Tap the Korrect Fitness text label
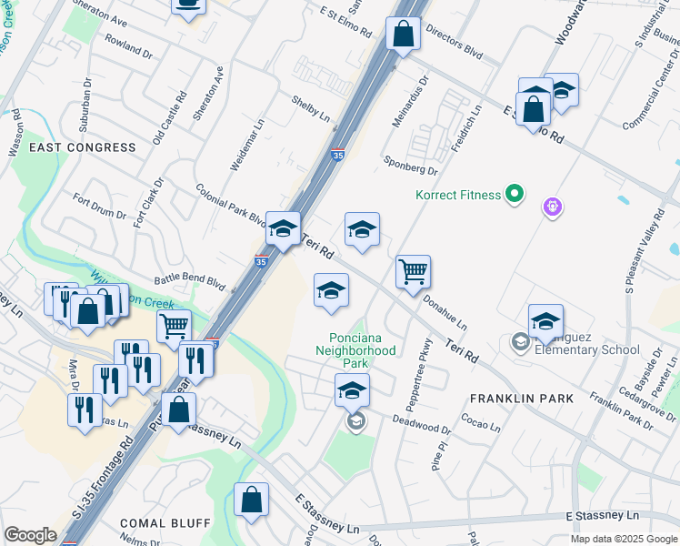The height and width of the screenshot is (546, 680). click(x=458, y=195)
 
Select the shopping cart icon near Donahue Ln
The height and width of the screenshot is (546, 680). click(x=413, y=270)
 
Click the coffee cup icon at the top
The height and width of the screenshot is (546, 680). click(x=188, y=5)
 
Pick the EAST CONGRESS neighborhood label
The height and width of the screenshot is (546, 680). click(x=83, y=147)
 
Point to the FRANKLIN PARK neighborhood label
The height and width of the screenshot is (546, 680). click(x=522, y=399)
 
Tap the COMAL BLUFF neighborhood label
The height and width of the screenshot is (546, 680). click(x=165, y=523)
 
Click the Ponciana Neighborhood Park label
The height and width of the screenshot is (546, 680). click(x=355, y=350)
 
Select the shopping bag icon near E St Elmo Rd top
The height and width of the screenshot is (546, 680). click(x=403, y=34)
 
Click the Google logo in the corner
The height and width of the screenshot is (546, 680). click(x=30, y=535)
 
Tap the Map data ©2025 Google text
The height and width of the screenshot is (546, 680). click(x=624, y=539)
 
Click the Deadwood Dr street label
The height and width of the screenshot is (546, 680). click(x=422, y=424)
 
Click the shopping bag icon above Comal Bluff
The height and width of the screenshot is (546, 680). click(x=251, y=499)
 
